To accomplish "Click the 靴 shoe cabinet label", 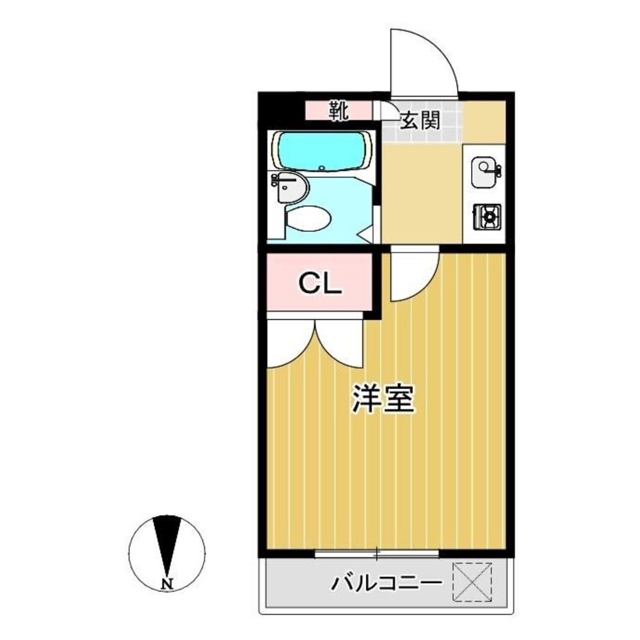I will [x=339, y=111].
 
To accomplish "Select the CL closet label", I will [x=321, y=283].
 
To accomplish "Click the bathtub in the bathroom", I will [x=322, y=152].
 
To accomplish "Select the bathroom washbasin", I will [x=291, y=187].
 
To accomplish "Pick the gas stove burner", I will [x=488, y=218].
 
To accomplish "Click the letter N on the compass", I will [x=168, y=584].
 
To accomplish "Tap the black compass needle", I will [x=168, y=541].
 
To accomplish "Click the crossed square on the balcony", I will [x=472, y=582].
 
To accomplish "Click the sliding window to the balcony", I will [x=377, y=552].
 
